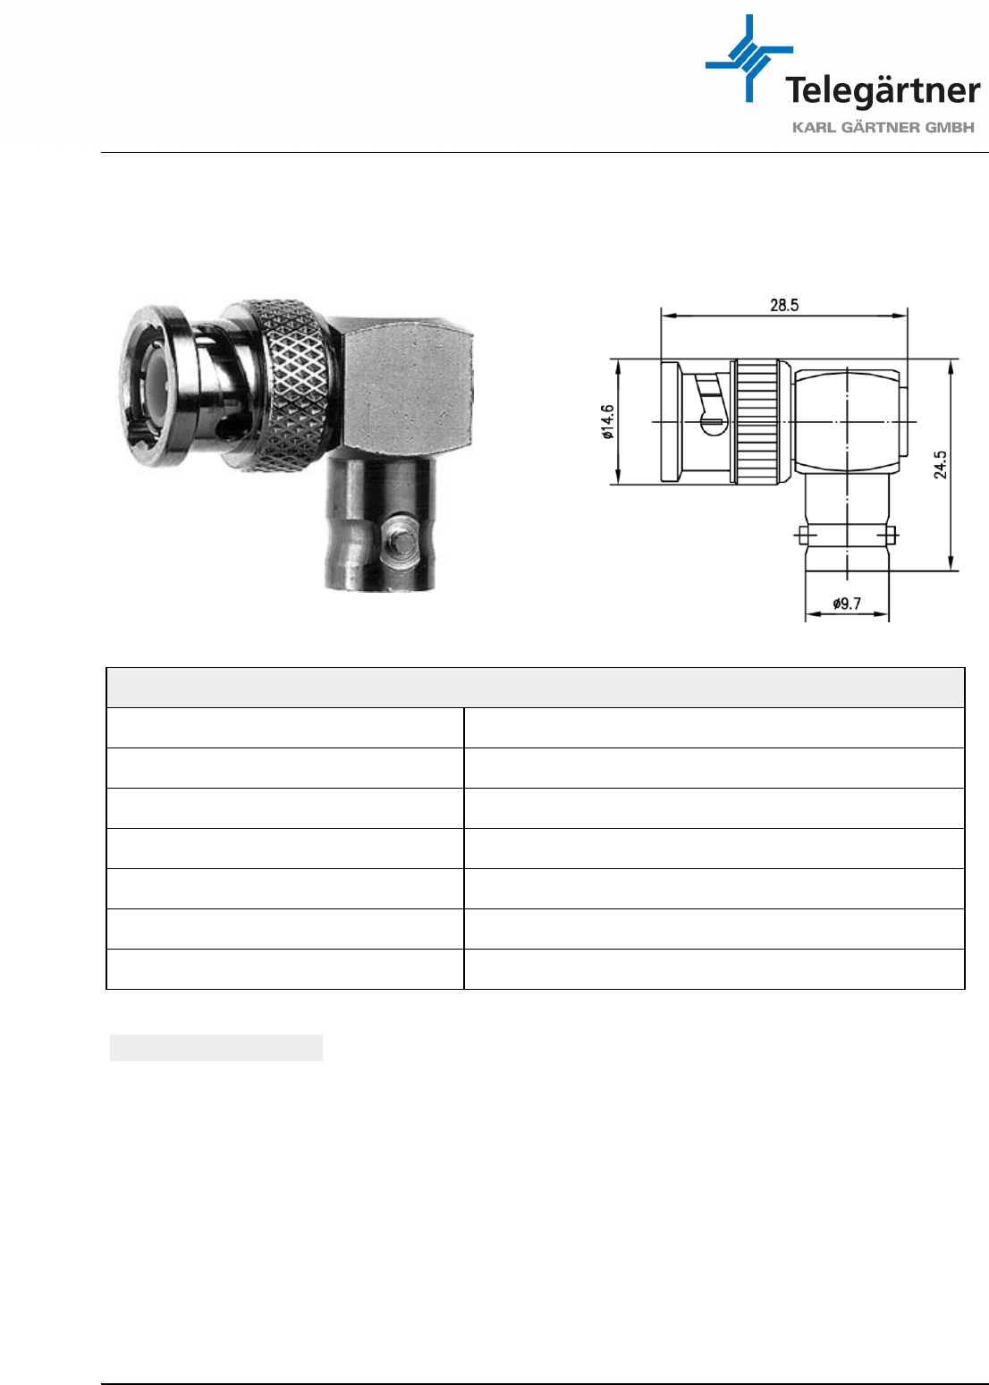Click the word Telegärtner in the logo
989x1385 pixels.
pyautogui.click(x=883, y=91)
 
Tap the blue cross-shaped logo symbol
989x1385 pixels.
pyautogui.click(x=749, y=58)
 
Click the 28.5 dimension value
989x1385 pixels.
pyautogui.click(x=784, y=305)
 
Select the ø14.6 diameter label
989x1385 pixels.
pyautogui.click(x=608, y=422)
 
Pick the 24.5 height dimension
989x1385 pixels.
pyautogui.click(x=940, y=464)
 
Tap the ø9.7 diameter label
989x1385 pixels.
pyautogui.click(x=847, y=604)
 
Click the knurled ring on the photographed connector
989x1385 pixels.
pyautogui.click(x=294, y=385)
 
